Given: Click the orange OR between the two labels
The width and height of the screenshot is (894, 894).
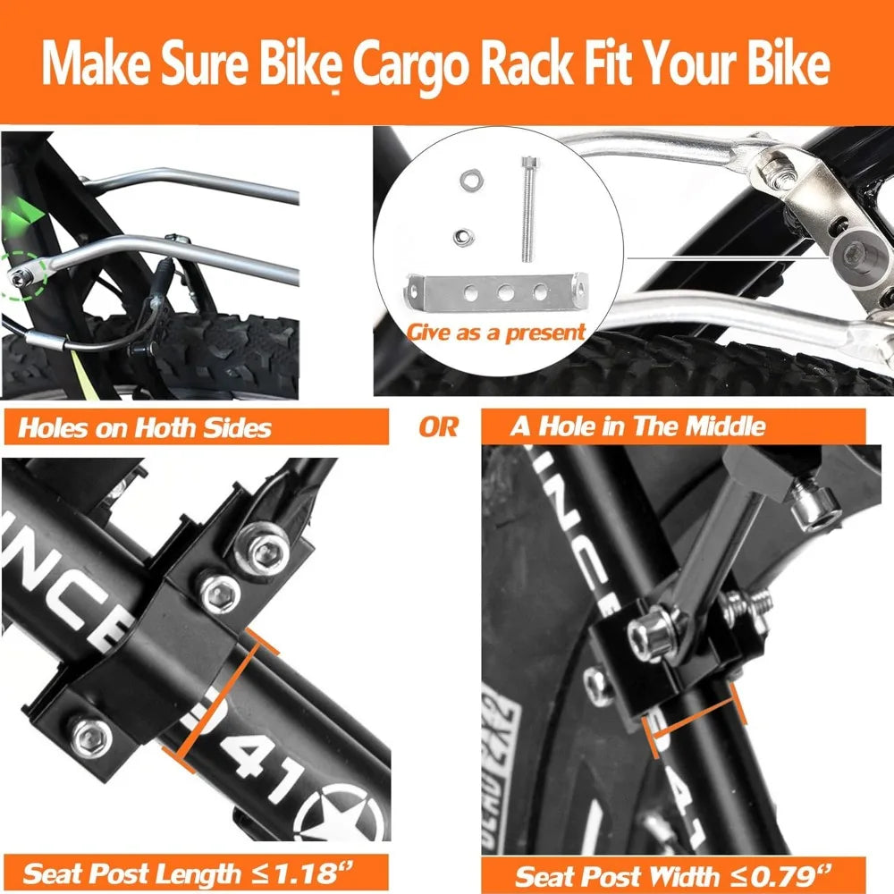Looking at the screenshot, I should tap(438, 426).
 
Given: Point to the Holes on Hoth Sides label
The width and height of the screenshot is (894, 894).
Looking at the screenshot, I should tap(145, 427).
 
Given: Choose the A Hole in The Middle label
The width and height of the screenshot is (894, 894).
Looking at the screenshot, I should tap(638, 426).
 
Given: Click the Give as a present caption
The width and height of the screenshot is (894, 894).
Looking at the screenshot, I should tap(496, 333).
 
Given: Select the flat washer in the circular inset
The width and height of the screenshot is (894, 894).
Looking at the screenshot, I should tap(467, 181).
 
